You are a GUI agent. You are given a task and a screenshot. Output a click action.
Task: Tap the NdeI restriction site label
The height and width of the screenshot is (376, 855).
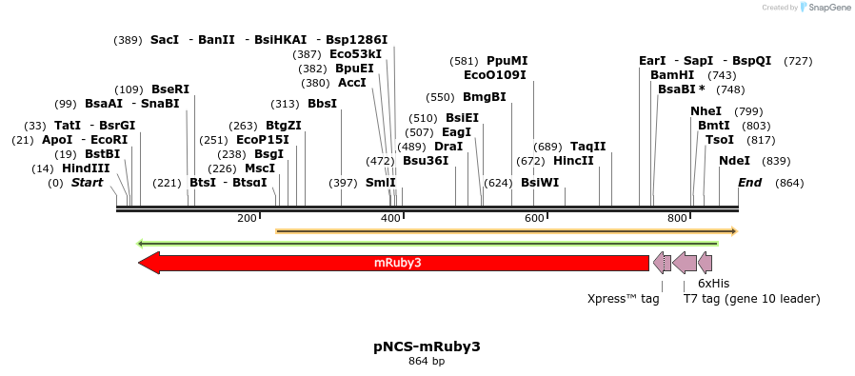(x=734, y=160)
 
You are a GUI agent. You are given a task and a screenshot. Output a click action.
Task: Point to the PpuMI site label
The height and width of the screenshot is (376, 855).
(x=507, y=61)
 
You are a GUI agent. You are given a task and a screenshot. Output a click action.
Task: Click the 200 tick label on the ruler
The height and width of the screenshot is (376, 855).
(x=247, y=219)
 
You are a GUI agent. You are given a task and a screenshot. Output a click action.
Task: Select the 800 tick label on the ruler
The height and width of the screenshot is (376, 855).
(x=677, y=219)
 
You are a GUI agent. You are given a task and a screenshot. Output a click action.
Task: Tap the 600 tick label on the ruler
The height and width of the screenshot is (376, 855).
(x=534, y=219)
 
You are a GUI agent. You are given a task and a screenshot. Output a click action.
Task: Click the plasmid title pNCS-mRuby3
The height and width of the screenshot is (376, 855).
(x=427, y=346)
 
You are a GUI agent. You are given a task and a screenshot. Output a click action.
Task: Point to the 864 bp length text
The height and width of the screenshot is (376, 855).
(x=427, y=362)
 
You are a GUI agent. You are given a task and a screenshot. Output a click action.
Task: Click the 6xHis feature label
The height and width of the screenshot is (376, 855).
(x=713, y=284)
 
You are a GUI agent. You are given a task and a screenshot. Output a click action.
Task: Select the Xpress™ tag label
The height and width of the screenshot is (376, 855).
(x=623, y=299)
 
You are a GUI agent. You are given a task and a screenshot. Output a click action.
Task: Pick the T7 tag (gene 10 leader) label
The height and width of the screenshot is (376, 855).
(x=751, y=299)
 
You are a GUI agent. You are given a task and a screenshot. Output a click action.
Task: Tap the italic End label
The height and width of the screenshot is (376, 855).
(x=749, y=183)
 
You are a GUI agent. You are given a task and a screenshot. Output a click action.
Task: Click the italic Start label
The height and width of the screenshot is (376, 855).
(x=87, y=183)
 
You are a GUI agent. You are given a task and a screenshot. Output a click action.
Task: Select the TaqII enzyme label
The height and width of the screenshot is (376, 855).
(x=587, y=147)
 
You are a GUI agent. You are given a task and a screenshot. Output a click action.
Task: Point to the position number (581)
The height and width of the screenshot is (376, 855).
(x=464, y=61)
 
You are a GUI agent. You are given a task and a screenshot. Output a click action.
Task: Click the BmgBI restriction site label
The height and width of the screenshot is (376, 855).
(x=484, y=97)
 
